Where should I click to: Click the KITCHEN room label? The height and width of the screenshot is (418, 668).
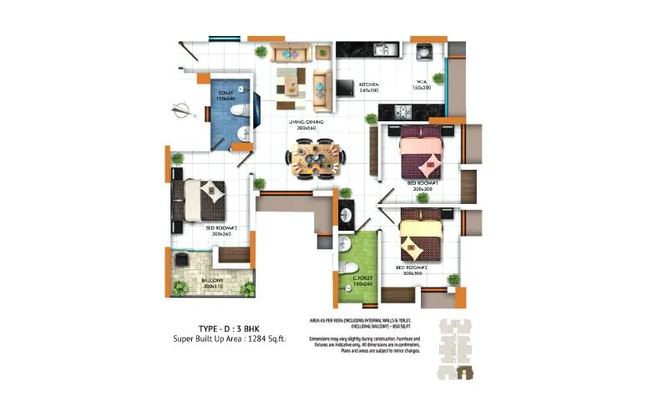[x=369, y=85]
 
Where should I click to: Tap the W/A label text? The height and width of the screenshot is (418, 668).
[x=421, y=81]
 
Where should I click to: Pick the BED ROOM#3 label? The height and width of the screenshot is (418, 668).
[x=221, y=227]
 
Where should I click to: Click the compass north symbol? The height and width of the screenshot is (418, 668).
[x=178, y=108]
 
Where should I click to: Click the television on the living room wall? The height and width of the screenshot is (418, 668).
[x=344, y=87]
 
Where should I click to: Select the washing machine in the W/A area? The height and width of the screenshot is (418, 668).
[x=423, y=51]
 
